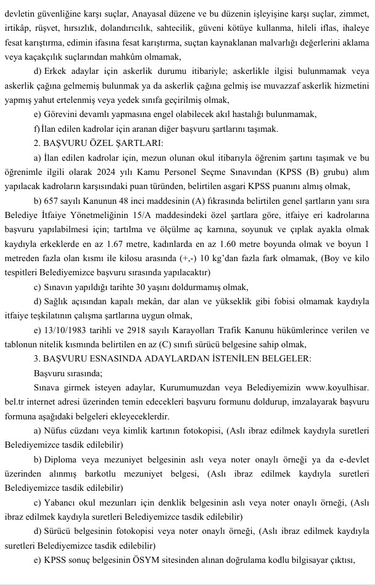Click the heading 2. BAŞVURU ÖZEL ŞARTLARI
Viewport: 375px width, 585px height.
(99, 143)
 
